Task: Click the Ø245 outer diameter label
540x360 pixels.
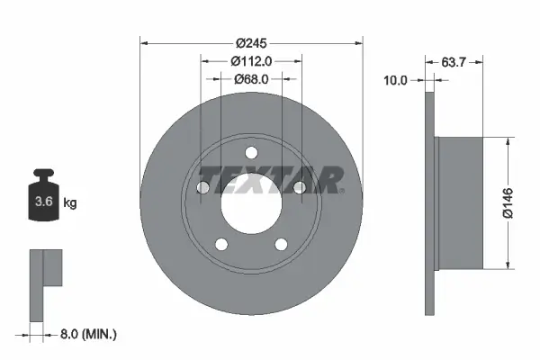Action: [x=253, y=43]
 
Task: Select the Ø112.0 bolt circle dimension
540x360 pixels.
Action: [x=252, y=61]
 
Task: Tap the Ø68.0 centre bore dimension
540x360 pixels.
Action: [x=252, y=79]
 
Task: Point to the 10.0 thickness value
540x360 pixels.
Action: [x=396, y=80]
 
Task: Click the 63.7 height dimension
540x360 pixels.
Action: [x=454, y=62]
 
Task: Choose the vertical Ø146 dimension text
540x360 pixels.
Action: [x=524, y=202]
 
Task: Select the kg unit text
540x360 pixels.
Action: [x=71, y=203]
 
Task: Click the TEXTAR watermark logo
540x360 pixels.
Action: [x=270, y=179]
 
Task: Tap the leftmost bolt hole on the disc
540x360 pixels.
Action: [x=202, y=187]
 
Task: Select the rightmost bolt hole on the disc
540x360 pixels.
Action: [x=301, y=187]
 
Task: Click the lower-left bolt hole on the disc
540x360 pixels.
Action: [x=221, y=244]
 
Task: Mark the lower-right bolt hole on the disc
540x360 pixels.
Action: [x=282, y=244]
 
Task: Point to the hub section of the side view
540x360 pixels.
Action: [x=459, y=202]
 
